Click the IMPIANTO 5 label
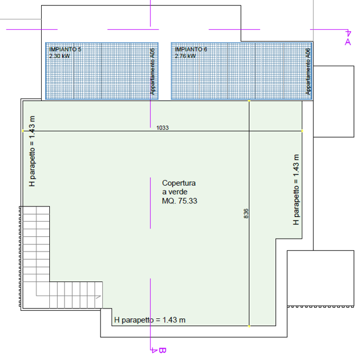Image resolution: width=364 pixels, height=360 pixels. point(65,49)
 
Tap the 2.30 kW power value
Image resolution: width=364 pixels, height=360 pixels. point(59,56)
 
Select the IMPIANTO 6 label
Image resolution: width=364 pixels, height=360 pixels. point(191,49)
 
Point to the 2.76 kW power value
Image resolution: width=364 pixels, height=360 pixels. point(186,56)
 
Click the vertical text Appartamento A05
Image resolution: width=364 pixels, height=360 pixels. point(152,72)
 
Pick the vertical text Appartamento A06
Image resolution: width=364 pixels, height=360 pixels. point(308,72)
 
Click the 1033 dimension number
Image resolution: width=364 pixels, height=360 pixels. point(163,128)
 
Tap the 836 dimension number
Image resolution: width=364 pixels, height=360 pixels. point(246,213)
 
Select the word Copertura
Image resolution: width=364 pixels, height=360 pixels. point(178,183)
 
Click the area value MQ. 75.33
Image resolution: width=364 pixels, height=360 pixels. point(180,201)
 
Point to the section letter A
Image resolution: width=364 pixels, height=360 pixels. point(348,42)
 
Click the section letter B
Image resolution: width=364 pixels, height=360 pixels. point(163,350)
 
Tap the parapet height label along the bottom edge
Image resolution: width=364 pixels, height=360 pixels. point(150,320)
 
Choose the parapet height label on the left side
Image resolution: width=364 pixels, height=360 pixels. point(32,151)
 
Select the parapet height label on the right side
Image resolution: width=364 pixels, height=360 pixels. point(296,189)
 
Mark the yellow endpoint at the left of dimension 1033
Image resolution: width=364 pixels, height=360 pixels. point(23,131)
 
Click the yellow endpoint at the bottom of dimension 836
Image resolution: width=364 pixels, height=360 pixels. point(249,326)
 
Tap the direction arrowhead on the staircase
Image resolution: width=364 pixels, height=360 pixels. point(99,297)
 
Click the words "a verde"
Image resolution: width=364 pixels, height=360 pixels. point(174,192)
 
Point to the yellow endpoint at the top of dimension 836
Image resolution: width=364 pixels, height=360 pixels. point(249,101)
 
